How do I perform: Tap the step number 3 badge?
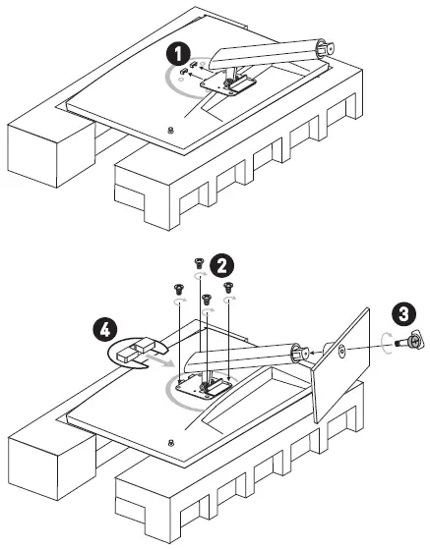pyautogui.click(x=400, y=316)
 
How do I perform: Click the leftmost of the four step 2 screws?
pyautogui.click(x=178, y=288)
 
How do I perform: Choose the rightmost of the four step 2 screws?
pyautogui.click(x=229, y=287)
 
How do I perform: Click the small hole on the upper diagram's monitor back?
pyautogui.click(x=172, y=131)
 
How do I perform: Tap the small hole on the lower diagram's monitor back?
pyautogui.click(x=172, y=440)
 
